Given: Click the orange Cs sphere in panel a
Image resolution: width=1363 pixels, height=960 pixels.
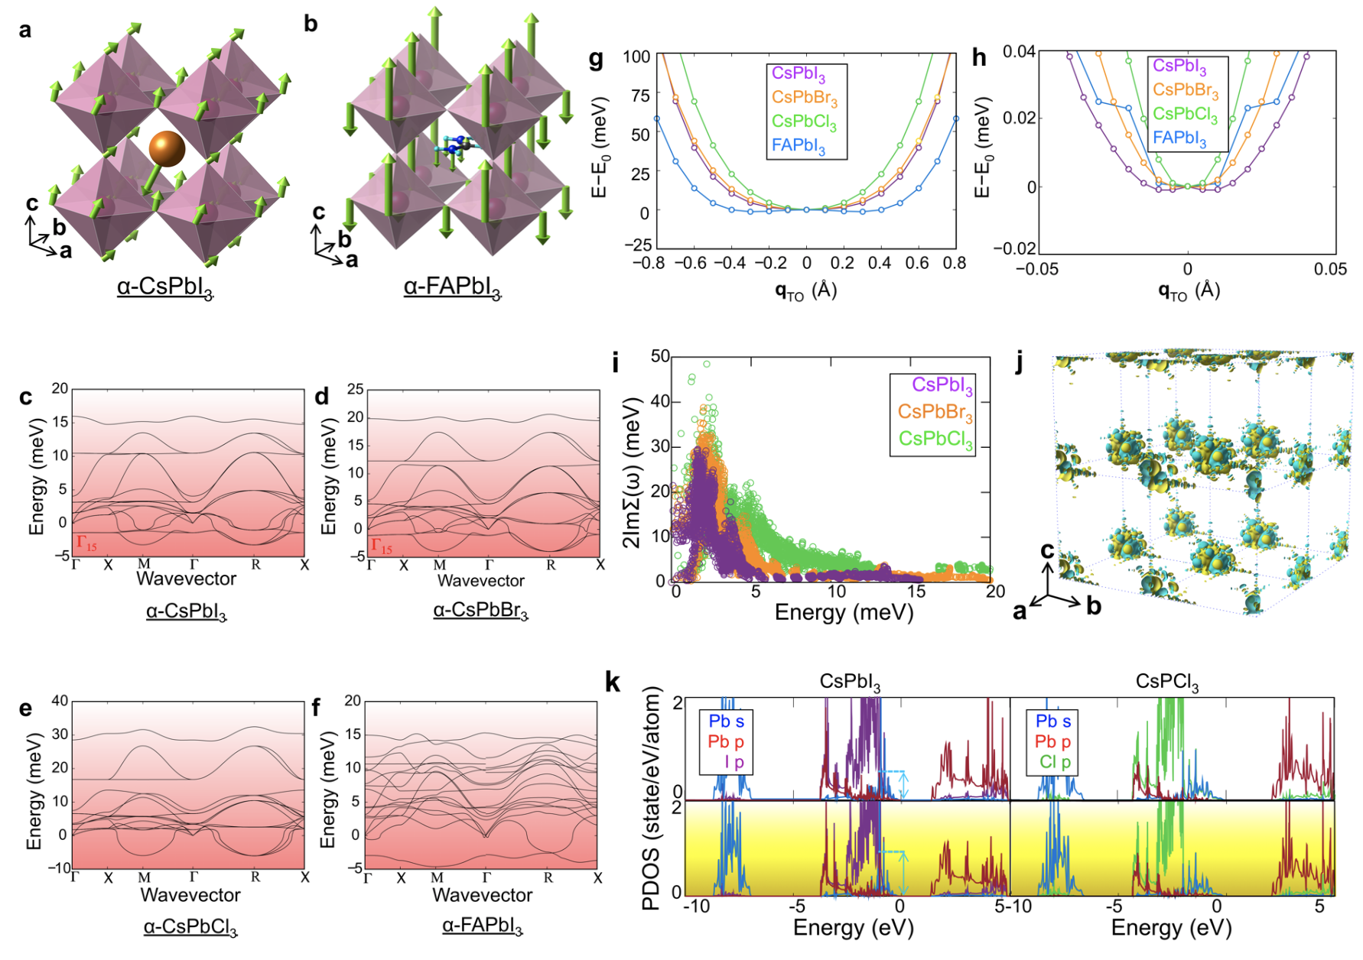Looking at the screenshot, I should (x=167, y=149).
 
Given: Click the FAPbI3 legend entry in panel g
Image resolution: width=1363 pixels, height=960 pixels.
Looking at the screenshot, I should (x=798, y=145).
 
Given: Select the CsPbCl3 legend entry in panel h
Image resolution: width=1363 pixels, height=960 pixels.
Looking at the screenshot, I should (x=1185, y=114).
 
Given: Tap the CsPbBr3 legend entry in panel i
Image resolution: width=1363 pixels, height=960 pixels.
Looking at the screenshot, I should (x=935, y=413).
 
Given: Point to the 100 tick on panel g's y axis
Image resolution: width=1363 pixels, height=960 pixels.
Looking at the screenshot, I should (x=636, y=57).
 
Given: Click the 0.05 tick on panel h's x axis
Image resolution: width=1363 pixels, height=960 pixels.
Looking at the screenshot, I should (x=1330, y=269).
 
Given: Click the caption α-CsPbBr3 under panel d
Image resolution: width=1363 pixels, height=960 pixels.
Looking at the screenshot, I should (x=480, y=611).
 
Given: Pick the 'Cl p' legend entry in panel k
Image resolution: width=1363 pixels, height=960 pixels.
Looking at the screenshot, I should (x=1055, y=761).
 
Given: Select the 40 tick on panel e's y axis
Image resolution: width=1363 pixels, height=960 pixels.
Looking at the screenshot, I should (x=60, y=701).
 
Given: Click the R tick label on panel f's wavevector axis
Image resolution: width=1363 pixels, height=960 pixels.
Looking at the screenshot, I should (x=548, y=878).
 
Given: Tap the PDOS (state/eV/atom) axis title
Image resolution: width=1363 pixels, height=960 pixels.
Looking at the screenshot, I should (x=651, y=798).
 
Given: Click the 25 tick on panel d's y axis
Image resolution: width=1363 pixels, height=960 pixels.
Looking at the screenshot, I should (x=355, y=389).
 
